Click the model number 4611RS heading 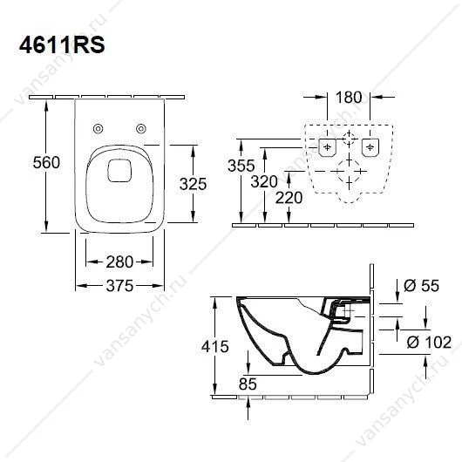(x=62, y=45)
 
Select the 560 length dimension (x=46, y=162)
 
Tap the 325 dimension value (x=193, y=184)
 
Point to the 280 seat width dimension (x=119, y=262)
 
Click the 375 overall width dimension (x=119, y=286)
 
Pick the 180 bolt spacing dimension (x=349, y=98)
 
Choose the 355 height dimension (x=241, y=166)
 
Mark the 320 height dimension (x=264, y=181)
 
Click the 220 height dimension (x=289, y=197)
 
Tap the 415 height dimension (x=215, y=346)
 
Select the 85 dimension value (x=248, y=384)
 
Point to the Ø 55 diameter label (x=421, y=285)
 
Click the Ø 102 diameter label (x=429, y=342)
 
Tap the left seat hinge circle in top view (x=98, y=128)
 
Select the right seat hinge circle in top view (x=141, y=128)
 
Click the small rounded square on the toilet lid (x=119, y=170)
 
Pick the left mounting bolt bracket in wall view (x=328, y=147)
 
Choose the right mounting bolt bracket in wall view (x=370, y=147)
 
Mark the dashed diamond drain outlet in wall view (x=349, y=171)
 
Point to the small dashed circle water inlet (x=349, y=139)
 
